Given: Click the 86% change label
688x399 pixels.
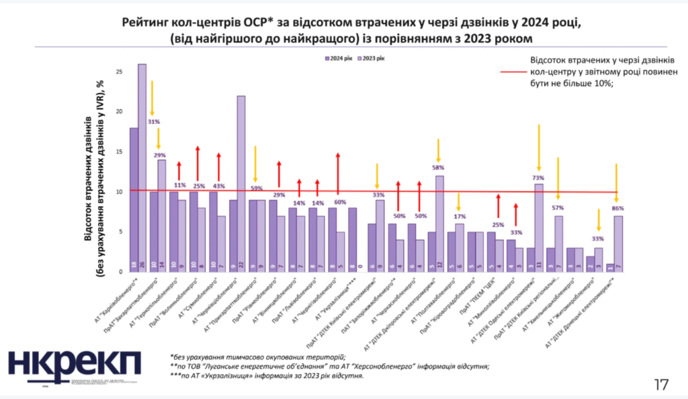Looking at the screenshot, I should point(617,209).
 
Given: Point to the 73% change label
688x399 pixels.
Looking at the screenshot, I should point(539,178).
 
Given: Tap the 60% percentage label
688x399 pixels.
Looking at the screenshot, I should point(340,202).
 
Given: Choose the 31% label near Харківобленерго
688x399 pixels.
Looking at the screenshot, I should point(153,122).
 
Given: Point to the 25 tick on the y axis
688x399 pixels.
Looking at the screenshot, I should point(118,71).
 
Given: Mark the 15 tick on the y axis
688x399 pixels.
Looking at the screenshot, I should point(118,152).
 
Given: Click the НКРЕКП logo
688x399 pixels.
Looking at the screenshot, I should point(75,367).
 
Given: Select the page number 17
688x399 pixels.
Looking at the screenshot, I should point(661,385).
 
